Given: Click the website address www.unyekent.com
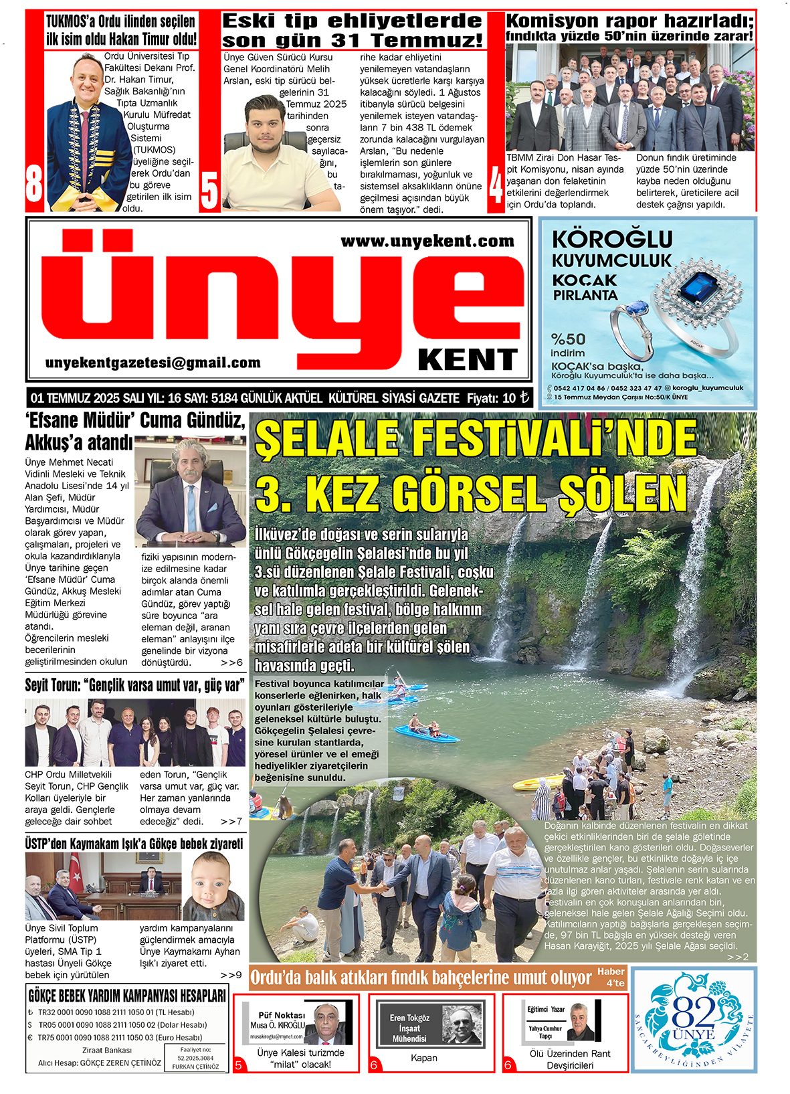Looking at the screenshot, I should (x=427, y=242).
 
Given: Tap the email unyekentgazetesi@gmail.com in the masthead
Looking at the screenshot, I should (x=153, y=363).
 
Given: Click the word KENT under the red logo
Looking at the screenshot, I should (x=468, y=360).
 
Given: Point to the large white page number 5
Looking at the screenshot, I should (x=209, y=190).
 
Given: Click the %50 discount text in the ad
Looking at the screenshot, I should (x=568, y=339).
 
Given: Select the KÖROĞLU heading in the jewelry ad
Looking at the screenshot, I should (x=612, y=239).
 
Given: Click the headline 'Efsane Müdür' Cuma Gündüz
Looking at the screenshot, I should (x=135, y=421).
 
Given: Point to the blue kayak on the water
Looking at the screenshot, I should (x=426, y=735).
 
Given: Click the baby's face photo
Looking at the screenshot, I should (x=213, y=886).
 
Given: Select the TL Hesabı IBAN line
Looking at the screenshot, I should (x=116, y=1012).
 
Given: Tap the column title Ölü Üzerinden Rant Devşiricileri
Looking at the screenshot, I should (x=569, y=1059).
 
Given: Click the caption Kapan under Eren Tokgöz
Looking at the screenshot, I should (x=424, y=1058).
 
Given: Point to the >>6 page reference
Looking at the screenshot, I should (x=231, y=662).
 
